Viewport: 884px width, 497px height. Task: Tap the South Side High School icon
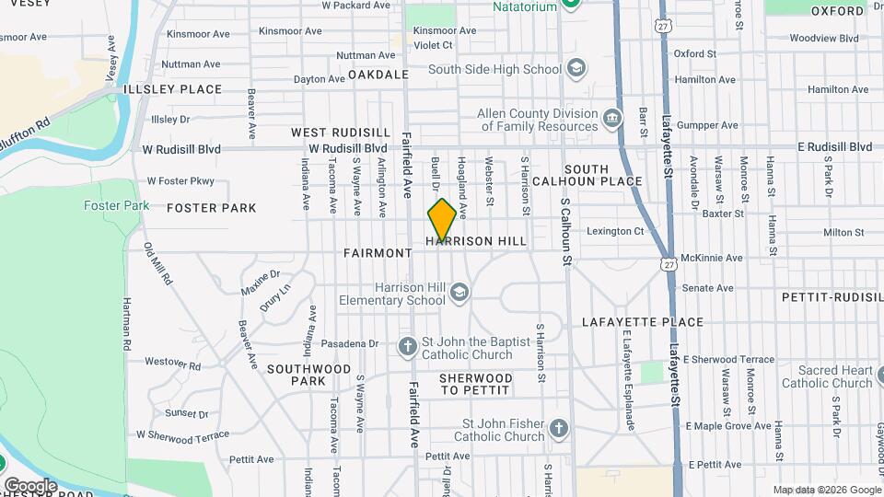pos(576,69)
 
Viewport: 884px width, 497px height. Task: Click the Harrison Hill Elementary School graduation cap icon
pos(459,294)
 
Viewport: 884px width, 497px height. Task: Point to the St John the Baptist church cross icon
pos(407,347)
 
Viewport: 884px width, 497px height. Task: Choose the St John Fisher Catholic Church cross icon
pos(558,429)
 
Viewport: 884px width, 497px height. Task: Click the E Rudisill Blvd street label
pos(834,147)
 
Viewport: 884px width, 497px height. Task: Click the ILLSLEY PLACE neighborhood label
pos(172,89)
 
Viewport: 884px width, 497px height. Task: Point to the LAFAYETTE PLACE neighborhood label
pos(643,322)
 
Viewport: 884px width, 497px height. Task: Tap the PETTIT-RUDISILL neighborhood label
pos(832,297)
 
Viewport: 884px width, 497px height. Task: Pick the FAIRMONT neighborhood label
pos(378,252)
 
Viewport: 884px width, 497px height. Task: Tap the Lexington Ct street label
pos(616,231)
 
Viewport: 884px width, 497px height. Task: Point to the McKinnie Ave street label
pos(711,258)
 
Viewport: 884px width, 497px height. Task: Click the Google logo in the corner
pos(30,485)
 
